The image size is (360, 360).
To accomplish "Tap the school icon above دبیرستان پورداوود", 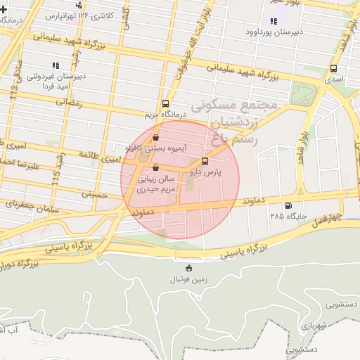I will pos(273,21).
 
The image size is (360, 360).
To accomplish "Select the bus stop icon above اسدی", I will pos(333,69).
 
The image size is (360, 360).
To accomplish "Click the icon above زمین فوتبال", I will pos(188,268).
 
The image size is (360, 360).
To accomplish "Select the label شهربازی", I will pos(309,326).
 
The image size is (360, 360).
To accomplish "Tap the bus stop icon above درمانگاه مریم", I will pos(165,102).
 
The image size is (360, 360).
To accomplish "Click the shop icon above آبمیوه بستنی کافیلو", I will pos(155,138).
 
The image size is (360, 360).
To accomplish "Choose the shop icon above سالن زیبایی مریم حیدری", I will pos(155,167).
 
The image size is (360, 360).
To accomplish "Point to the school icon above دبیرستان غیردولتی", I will pos(56,65).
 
